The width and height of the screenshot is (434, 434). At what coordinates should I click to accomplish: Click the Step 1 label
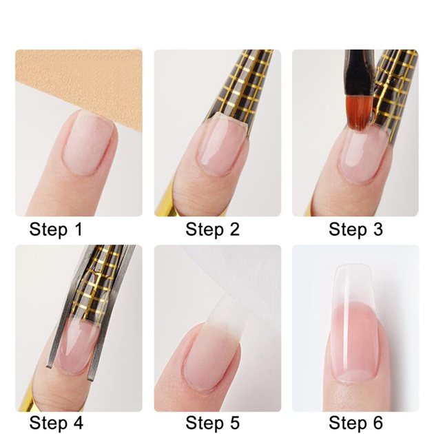[56, 229]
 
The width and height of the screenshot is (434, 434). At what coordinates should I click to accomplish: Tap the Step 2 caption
[212, 229]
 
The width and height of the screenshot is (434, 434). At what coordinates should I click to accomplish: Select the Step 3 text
[355, 229]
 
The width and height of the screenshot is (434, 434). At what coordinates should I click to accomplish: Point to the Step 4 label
[56, 423]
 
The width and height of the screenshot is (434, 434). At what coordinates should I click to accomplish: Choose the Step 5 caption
[212, 423]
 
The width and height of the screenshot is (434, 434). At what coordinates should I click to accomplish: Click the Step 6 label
[355, 423]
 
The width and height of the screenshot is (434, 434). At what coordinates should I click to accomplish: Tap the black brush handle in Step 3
[359, 72]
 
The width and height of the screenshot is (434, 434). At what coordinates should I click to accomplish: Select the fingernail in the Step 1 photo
[88, 142]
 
